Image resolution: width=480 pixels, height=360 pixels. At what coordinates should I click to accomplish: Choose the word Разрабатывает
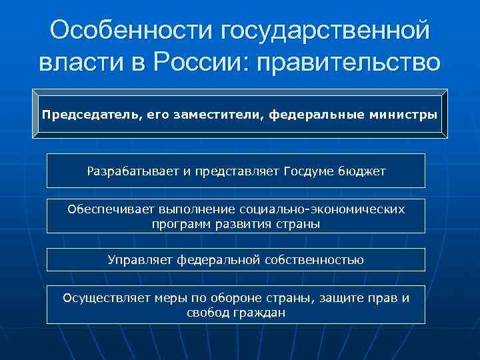133,171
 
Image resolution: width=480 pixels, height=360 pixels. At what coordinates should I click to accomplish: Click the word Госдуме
309,171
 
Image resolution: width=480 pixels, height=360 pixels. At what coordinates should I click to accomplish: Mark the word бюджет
362,171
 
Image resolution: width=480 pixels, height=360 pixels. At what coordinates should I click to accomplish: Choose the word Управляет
139,260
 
